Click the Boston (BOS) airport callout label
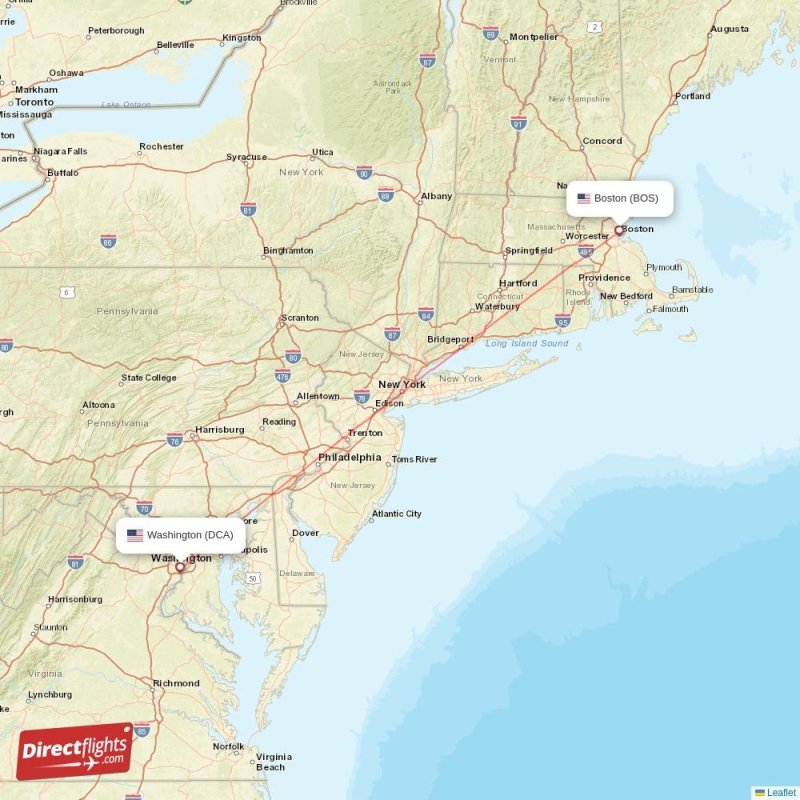(619, 198)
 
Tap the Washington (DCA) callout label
(180, 535)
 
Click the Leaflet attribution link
(781, 792)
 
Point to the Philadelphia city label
(349, 457)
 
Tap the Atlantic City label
(396, 514)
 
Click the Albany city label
(436, 196)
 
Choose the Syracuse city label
(246, 157)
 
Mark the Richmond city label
(176, 683)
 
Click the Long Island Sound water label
(526, 343)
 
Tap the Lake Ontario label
(125, 104)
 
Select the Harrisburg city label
(220, 429)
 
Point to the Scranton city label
(300, 318)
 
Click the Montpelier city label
(533, 37)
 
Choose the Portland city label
(692, 96)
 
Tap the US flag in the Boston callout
(584, 198)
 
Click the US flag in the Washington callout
(135, 535)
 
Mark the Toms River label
(414, 459)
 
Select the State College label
(148, 378)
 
